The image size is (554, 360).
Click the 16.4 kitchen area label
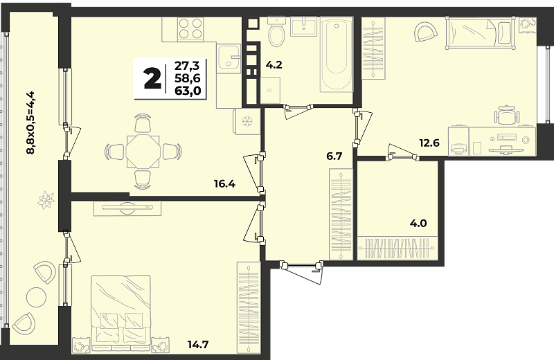click(x=224, y=183)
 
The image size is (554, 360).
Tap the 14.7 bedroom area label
click(x=198, y=345)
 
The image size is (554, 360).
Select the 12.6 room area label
click(x=429, y=143)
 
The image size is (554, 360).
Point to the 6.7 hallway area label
click(x=334, y=156)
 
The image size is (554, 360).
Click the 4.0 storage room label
click(x=418, y=224)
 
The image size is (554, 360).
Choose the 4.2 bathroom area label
click(x=274, y=65)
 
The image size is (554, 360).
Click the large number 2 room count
click(x=152, y=78)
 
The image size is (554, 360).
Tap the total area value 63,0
click(x=188, y=91)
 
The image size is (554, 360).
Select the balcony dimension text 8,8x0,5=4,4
click(x=30, y=123)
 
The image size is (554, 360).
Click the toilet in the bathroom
click(x=276, y=32)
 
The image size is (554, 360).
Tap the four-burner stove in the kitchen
click(x=191, y=28)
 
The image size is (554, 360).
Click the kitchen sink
click(x=229, y=56)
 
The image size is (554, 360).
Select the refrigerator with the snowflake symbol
click(x=247, y=121)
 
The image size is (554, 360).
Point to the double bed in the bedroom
click(x=120, y=313)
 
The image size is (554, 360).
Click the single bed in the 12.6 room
click(x=479, y=33)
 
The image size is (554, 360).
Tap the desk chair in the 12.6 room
click(x=508, y=116)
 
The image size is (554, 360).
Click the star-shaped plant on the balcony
click(x=46, y=200)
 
